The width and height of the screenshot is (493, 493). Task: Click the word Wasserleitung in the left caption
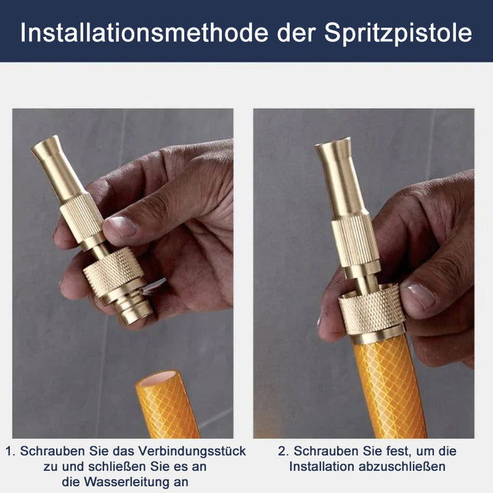(x=127, y=482)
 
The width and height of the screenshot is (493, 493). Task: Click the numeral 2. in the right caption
(x=283, y=452)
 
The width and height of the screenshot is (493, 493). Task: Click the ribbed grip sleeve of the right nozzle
(x=355, y=240)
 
